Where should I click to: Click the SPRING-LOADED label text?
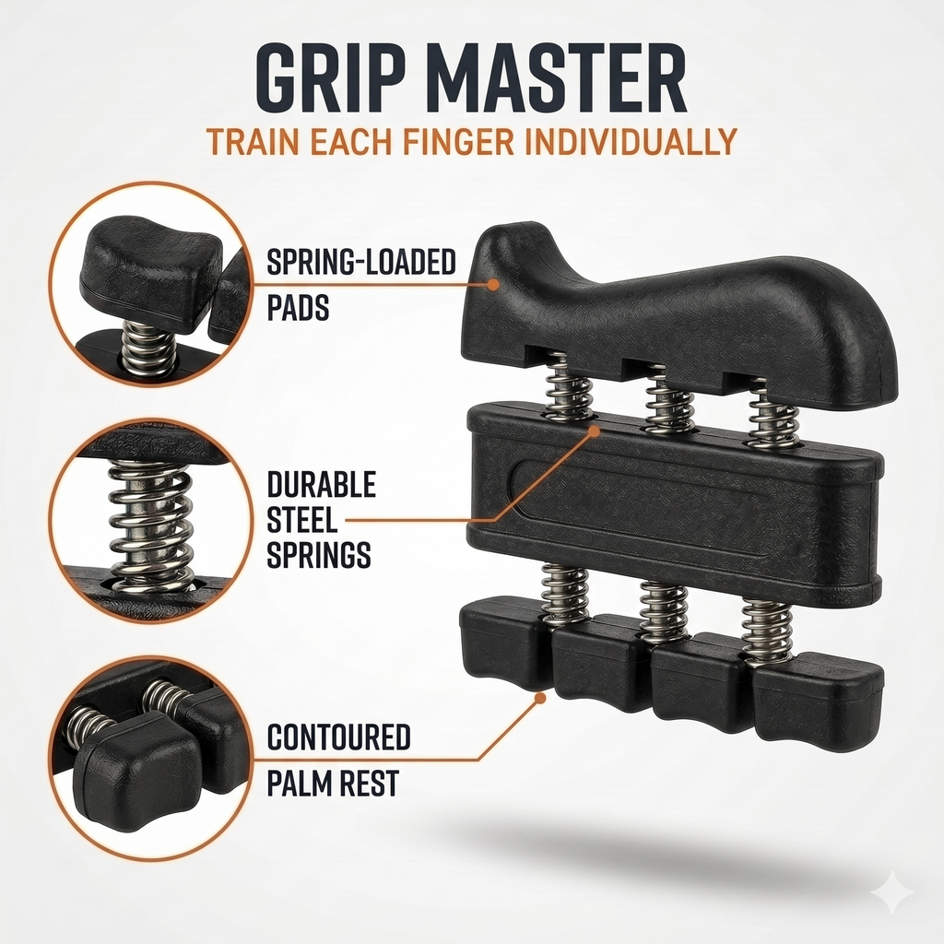(x=361, y=263)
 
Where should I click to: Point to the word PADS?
(x=298, y=308)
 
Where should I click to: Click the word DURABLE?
(x=322, y=485)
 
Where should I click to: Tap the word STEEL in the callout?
(x=302, y=520)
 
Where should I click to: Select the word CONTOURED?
(x=339, y=738)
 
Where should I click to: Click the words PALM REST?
(x=333, y=784)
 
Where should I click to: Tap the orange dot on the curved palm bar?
(x=493, y=284)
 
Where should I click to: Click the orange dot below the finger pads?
(x=540, y=699)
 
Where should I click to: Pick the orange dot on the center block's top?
(x=595, y=431)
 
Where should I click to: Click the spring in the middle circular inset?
(x=150, y=524)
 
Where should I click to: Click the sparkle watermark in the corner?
(x=893, y=893)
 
